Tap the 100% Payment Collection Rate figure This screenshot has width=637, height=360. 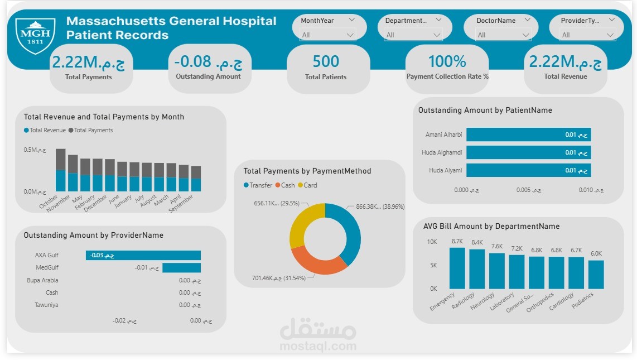click(447, 61)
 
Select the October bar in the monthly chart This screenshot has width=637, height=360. click(60, 170)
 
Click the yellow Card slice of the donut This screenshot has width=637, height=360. click(306, 222)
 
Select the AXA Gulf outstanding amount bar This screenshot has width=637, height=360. click(143, 255)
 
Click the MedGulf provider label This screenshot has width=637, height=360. click(47, 268)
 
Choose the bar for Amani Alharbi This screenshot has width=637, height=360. click(528, 135)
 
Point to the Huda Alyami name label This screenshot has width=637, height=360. click(446, 170)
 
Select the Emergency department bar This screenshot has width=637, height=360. click(457, 268)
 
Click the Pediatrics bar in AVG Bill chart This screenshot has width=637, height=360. click(596, 274)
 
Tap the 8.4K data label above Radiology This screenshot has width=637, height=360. click(477, 243)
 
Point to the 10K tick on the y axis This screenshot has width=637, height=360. click(432, 242)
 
